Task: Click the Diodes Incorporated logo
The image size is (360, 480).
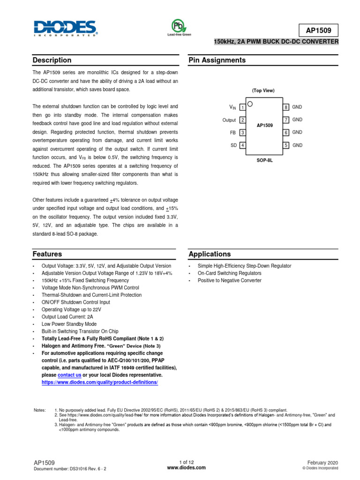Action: tap(65, 28)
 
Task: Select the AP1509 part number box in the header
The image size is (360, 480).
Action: tap(318, 30)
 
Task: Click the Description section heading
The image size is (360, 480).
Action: tap(52, 60)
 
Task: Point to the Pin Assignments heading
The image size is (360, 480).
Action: tap(217, 60)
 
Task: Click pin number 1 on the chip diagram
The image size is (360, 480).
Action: tap(242, 107)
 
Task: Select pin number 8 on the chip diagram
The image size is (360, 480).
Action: tap(285, 107)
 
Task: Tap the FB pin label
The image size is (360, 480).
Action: tap(232, 133)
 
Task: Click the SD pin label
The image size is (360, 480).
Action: tap(233, 145)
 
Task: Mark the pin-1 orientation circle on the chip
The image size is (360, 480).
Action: tap(250, 104)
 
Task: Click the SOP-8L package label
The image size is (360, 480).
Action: tap(264, 160)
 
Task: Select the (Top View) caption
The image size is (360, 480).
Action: tap(263, 90)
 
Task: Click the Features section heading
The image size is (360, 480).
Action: tap(47, 254)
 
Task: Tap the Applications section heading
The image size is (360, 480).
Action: tap(210, 254)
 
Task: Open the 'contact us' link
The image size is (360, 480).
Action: tap(69, 375)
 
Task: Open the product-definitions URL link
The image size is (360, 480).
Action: tap(100, 382)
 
